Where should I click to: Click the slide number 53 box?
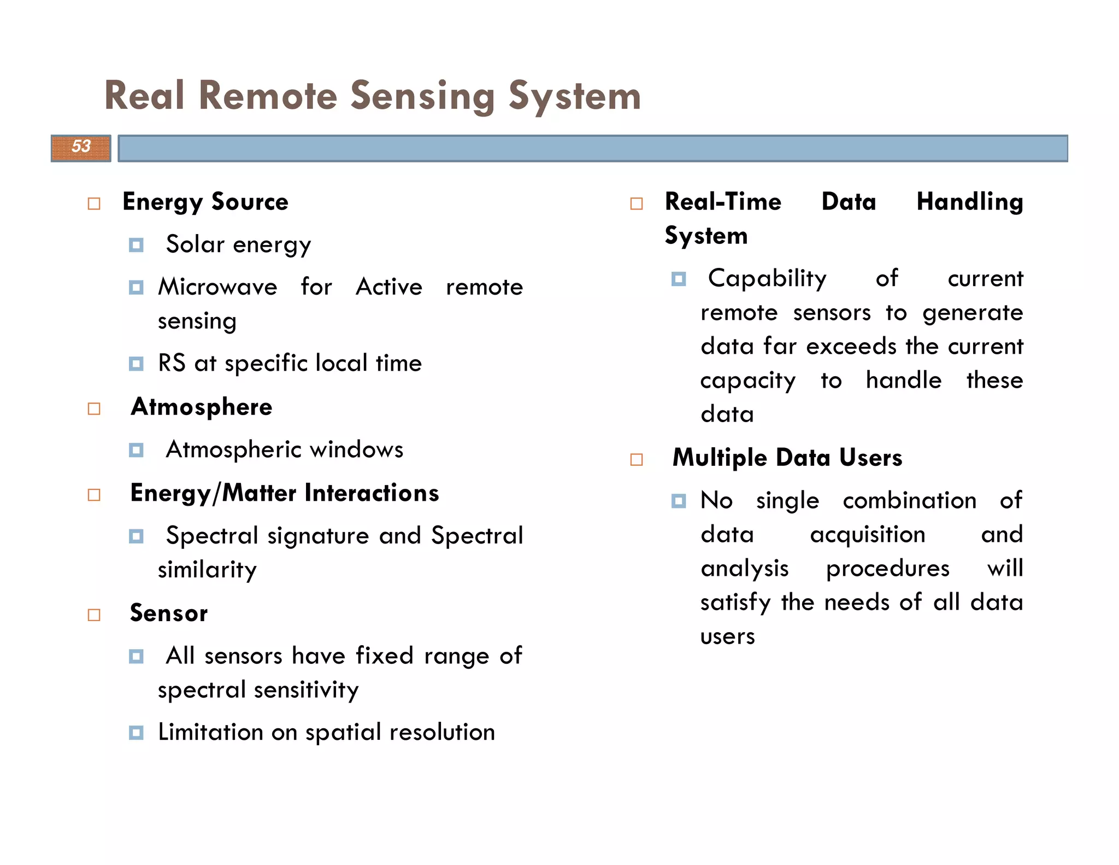[x=81, y=148]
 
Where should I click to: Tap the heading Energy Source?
[x=205, y=202]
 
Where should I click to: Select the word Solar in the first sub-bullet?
[x=195, y=244]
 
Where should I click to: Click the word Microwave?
[x=217, y=287]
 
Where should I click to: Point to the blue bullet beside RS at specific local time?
[x=136, y=364]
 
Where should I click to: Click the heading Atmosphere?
[x=201, y=407]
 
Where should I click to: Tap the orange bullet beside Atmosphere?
[x=94, y=409]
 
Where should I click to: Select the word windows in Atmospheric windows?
[x=356, y=449]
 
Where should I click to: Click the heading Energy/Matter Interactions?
[x=284, y=493]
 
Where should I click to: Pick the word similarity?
[x=207, y=570]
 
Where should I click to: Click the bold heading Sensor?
[x=168, y=613]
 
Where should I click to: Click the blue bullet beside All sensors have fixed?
[x=136, y=656]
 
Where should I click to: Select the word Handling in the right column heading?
[x=969, y=202]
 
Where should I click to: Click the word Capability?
[x=767, y=279]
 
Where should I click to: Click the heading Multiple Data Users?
[x=787, y=458]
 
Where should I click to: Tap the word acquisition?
[x=868, y=535]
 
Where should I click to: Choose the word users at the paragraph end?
[x=727, y=636]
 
